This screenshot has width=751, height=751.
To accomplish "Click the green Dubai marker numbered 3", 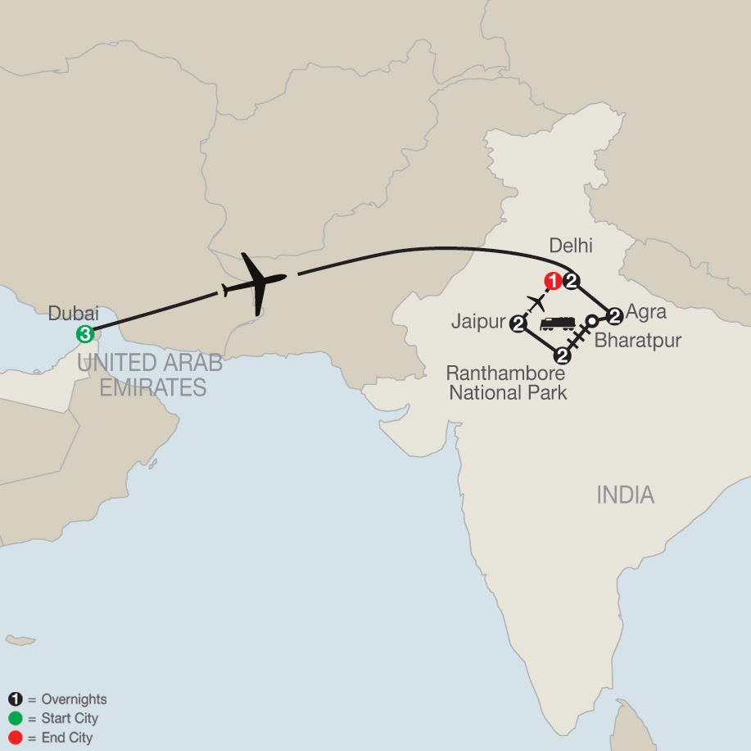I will pyautogui.click(x=84, y=333).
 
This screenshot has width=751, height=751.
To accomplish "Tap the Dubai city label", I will pyautogui.click(x=74, y=313).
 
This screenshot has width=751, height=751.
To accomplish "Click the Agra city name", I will pyautogui.click(x=646, y=312).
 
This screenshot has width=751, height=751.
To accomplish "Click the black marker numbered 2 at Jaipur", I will pyautogui.click(x=518, y=325).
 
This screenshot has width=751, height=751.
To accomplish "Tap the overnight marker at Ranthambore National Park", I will pyautogui.click(x=562, y=355).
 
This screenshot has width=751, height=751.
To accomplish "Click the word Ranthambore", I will pyautogui.click(x=505, y=373).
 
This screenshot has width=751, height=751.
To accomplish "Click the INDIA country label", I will pyautogui.click(x=625, y=495).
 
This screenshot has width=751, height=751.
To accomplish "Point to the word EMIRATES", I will pyautogui.click(x=153, y=387).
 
